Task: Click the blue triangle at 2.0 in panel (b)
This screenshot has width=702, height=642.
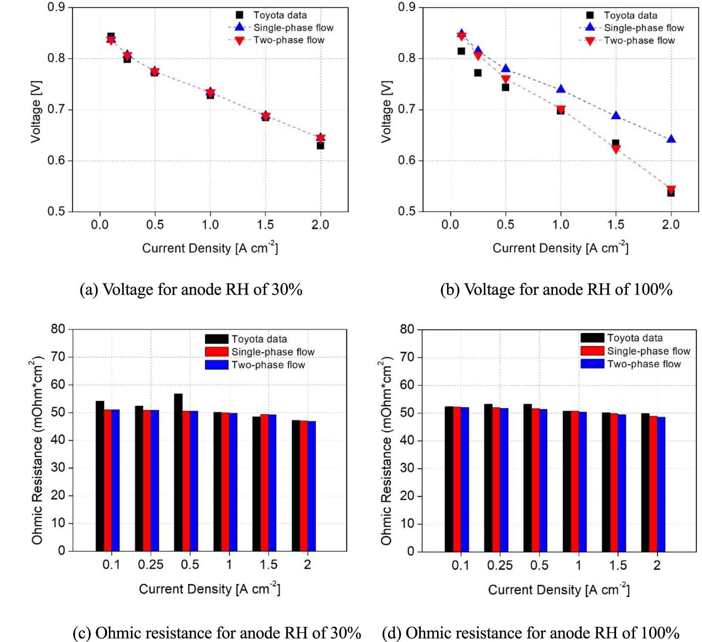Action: coord(671,139)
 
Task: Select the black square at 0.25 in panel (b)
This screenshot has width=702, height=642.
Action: coord(478,73)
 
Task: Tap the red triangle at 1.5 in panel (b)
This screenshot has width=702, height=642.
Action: coord(616,149)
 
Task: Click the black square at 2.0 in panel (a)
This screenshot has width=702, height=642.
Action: coord(320,146)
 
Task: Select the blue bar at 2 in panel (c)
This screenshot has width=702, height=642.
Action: coord(312,486)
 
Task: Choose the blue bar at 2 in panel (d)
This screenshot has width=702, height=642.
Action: coord(661,484)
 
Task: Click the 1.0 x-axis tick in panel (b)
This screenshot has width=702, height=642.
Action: coord(560,224)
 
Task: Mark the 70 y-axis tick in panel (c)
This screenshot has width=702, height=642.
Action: coord(58,357)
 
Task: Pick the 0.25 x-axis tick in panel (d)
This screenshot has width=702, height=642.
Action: coord(499,565)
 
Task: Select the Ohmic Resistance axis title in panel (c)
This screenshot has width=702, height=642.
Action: coord(37,450)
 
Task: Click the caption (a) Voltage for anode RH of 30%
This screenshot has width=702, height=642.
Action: coord(191,289)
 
